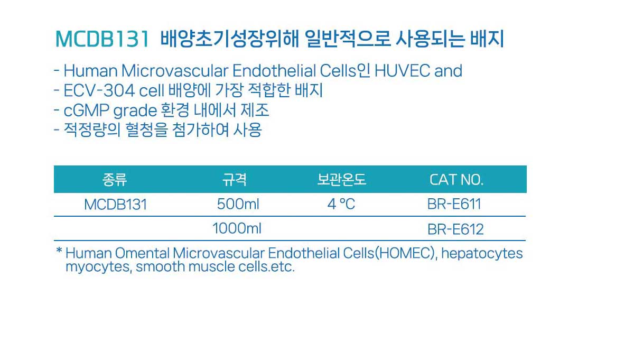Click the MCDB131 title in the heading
102,39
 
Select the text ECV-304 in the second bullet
99,90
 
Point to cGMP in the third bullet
86,110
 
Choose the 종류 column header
115,180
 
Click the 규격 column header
235,180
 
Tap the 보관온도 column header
342,180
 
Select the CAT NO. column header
456,180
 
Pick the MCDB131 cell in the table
116,204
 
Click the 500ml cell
238,204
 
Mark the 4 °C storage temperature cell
341,204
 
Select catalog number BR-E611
454,204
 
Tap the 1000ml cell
237,228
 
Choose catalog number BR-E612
455,229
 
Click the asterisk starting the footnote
59,251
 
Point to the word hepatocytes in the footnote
482,254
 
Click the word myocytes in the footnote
98,267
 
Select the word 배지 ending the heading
487,39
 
